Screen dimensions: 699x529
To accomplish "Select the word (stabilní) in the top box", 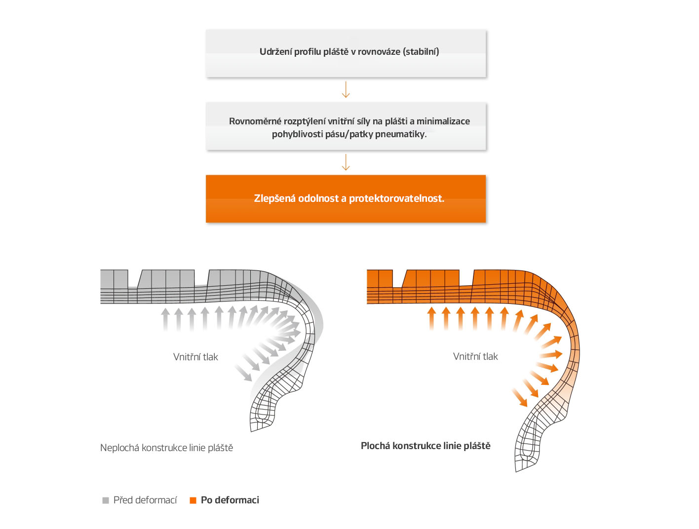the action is coord(421,51).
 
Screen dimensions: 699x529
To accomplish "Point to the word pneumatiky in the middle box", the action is coord(400,134).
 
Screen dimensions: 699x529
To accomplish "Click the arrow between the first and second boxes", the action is coord(346,89).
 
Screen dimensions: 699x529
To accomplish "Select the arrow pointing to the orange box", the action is coord(346,162).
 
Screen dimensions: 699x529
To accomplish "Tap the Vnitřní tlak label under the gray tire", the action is coord(195,357).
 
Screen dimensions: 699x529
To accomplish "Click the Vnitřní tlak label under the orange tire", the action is coord(475,356).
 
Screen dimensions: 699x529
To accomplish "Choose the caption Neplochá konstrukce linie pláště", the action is coord(166,448).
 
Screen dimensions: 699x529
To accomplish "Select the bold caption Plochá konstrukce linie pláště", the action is coord(426,446).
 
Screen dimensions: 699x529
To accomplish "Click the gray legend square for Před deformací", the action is coord(106,500).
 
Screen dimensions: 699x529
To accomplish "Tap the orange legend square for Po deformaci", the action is coord(193,500).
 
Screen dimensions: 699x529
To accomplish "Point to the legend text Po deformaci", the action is coord(230,500).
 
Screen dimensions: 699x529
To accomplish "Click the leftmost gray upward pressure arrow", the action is coord(165,319).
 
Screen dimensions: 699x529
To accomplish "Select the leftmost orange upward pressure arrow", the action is coord(431,318).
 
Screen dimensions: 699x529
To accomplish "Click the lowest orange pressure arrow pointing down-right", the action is coord(520,397).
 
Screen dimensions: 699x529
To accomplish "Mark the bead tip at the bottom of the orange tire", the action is coord(515,471).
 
